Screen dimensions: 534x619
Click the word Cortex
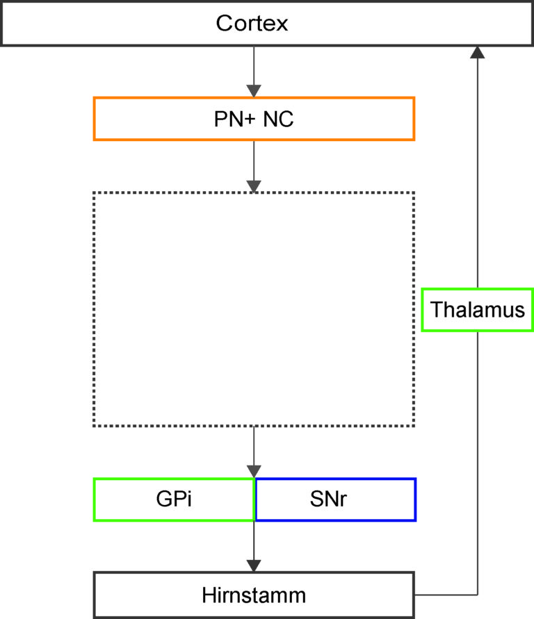pos(252,24)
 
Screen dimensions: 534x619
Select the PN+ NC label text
pos(254,119)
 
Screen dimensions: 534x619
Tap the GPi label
pos(174,499)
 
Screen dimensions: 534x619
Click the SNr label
pos(328,499)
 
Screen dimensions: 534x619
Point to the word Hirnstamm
pos(254,595)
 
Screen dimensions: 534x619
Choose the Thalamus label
pos(478,310)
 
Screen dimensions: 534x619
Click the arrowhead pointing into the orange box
pos(254,91)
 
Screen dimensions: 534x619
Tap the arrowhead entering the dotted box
pos(254,186)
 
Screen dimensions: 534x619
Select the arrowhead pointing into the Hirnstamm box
pos(254,566)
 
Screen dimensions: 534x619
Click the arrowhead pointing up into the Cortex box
pos(478,52)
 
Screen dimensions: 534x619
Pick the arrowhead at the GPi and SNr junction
pos(254,472)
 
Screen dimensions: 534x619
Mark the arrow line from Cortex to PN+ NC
pos(254,72)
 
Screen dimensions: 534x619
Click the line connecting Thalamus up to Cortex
pos(478,167)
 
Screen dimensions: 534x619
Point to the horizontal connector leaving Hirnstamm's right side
pos(446,595)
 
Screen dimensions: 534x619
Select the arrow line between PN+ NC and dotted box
pos(254,166)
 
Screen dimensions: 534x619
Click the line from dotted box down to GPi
pos(254,452)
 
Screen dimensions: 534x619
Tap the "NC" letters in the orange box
pos(278,119)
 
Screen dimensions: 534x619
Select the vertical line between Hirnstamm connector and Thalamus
pos(478,463)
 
